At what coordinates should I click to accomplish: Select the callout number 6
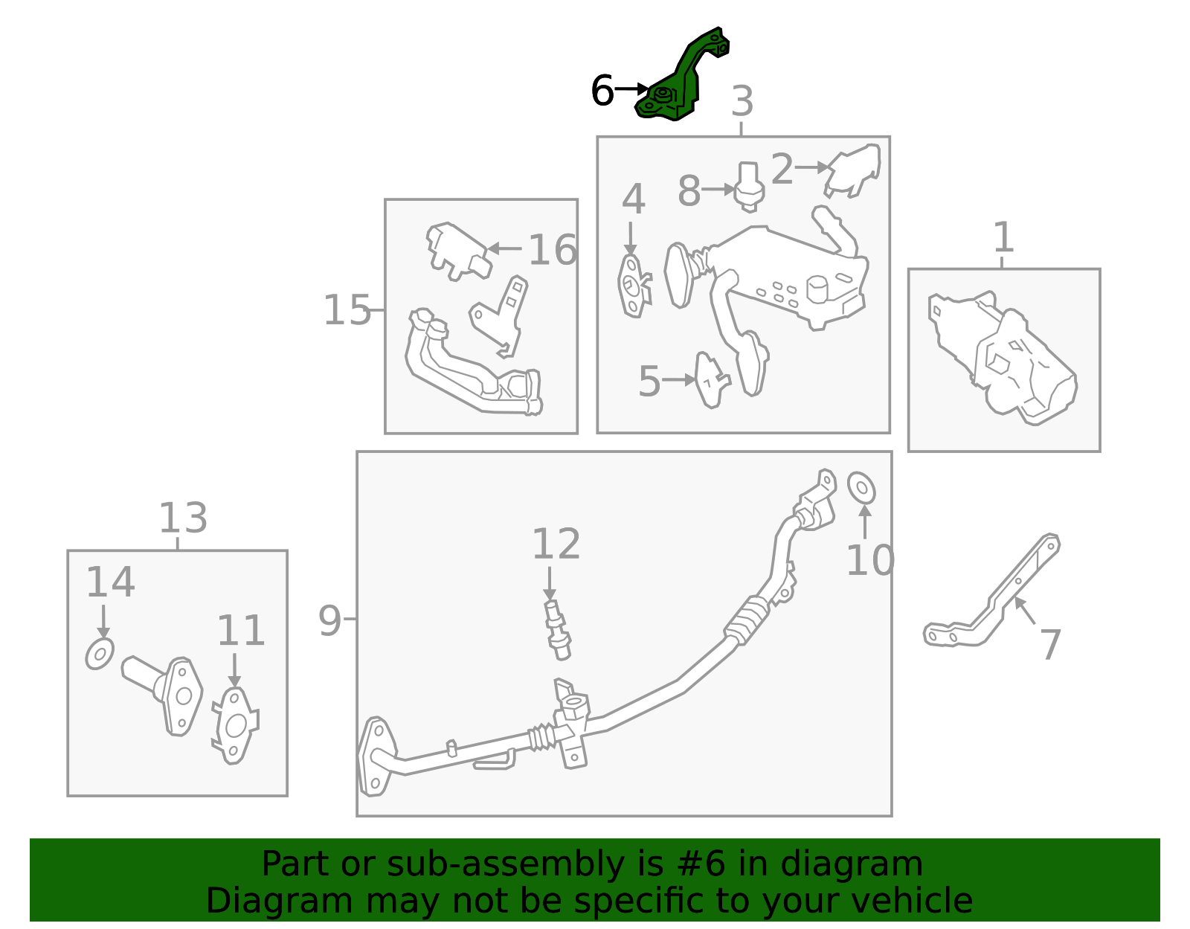(602, 91)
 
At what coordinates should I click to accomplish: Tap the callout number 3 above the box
(742, 101)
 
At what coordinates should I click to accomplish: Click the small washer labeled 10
(861, 487)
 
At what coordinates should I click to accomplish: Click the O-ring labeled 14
(100, 653)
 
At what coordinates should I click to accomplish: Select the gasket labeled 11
(235, 725)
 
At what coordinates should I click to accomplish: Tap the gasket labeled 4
(632, 286)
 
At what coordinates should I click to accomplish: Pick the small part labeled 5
(710, 379)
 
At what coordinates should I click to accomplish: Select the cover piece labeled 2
(854, 170)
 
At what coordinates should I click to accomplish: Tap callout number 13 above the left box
(183, 518)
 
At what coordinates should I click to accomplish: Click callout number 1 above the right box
(1003, 238)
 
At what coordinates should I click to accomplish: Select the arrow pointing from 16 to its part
(506, 248)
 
